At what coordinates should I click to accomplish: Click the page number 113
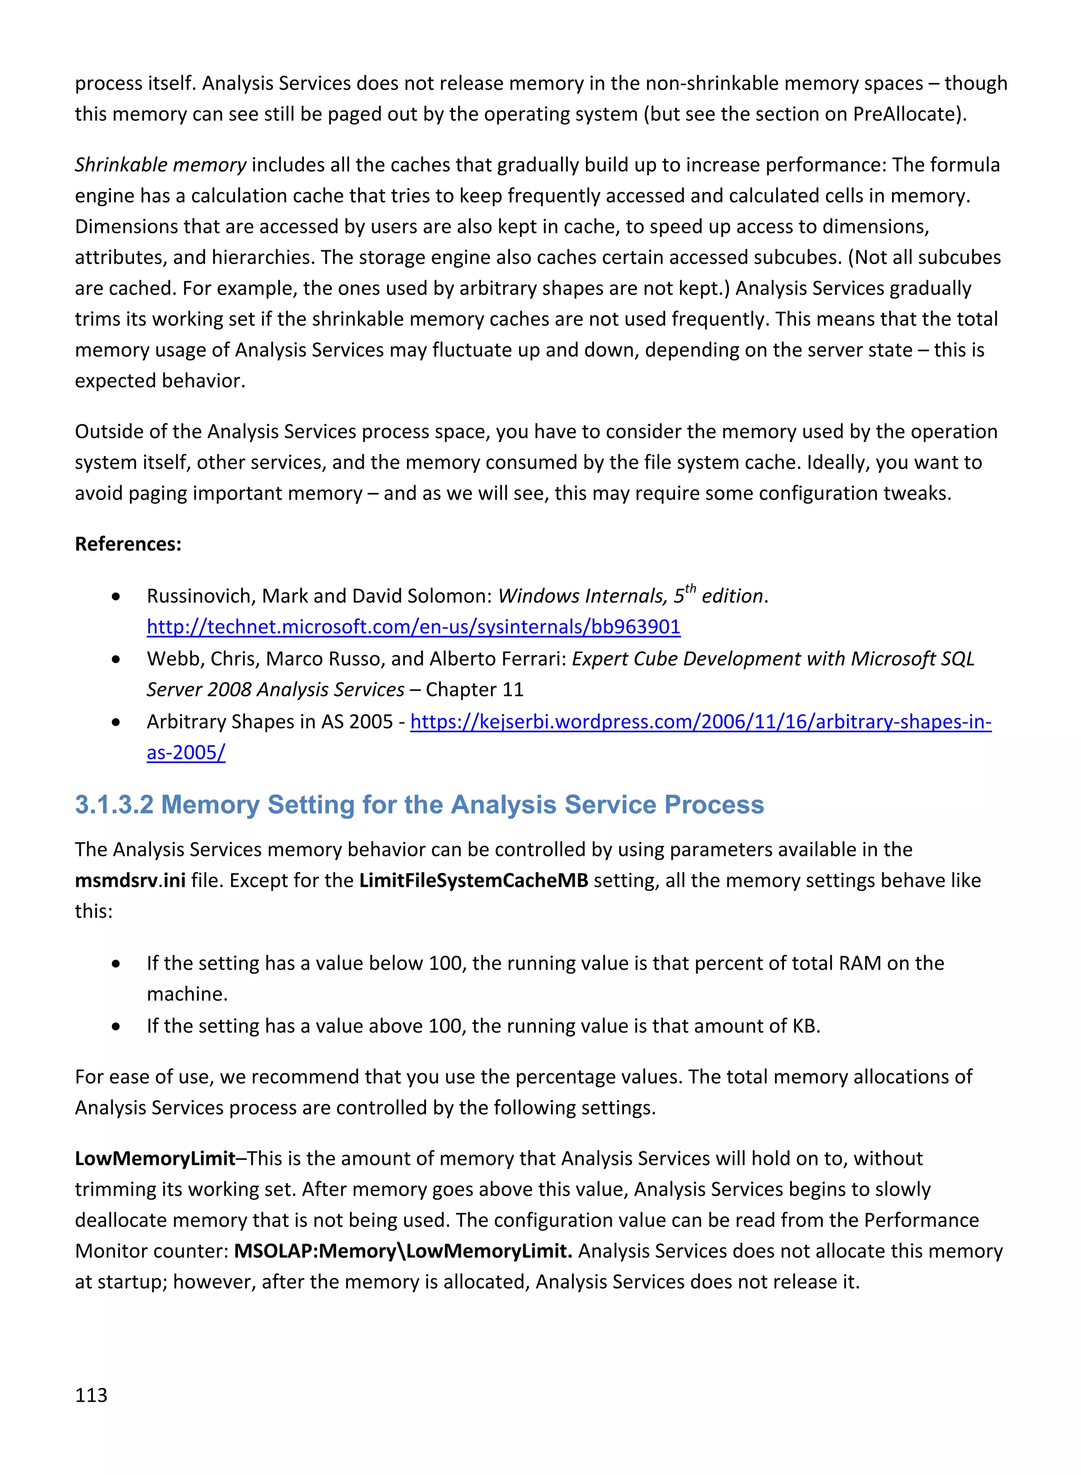(x=91, y=1395)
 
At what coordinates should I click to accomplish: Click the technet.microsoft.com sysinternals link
(x=413, y=627)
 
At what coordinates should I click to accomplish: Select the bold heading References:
(x=128, y=544)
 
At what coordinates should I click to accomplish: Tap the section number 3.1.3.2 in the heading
(x=114, y=804)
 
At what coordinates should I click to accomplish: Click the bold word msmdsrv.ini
(x=129, y=880)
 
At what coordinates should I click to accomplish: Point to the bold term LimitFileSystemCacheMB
(x=473, y=880)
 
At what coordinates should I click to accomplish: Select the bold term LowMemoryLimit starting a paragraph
(x=155, y=1158)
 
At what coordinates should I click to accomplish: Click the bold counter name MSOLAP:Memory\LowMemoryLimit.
(x=402, y=1251)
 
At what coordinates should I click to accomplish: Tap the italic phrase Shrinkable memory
(x=160, y=164)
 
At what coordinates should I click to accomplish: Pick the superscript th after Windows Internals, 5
(x=690, y=588)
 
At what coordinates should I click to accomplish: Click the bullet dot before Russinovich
(x=116, y=596)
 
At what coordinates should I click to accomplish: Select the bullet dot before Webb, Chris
(x=116, y=659)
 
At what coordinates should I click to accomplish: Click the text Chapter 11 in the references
(x=475, y=690)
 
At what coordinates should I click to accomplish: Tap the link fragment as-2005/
(x=186, y=753)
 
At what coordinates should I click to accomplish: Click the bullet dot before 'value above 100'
(x=116, y=1026)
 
